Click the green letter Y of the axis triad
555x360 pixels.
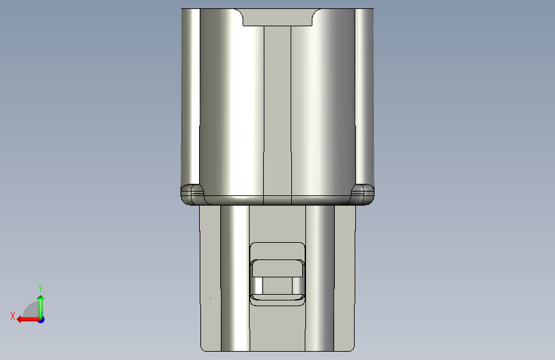[x=40, y=288]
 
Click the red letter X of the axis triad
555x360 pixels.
[x=13, y=316]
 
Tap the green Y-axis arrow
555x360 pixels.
[x=41, y=307]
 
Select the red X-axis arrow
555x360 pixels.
[x=28, y=320]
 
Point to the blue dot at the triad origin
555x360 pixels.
[x=42, y=320]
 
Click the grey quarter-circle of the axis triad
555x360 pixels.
[x=30, y=311]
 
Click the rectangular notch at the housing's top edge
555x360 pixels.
[x=277, y=17]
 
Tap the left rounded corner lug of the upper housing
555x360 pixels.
[x=192, y=194]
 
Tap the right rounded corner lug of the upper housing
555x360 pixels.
[x=362, y=194]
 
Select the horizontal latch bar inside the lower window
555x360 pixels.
[x=277, y=268]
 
